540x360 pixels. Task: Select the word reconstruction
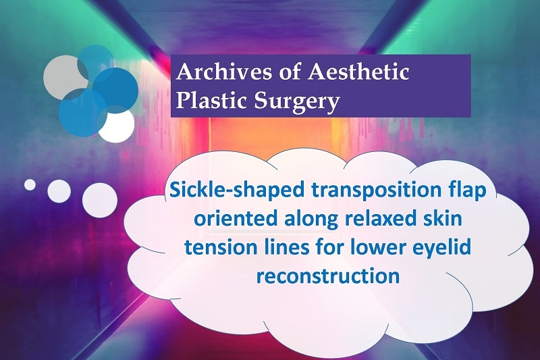(327, 276)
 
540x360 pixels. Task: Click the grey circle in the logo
(64, 77)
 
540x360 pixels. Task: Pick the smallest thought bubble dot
(30, 184)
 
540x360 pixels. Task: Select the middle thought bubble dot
(59, 191)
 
